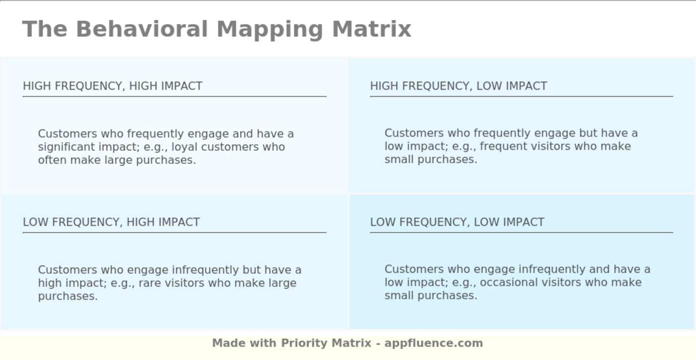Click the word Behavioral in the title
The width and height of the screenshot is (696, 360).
click(x=142, y=29)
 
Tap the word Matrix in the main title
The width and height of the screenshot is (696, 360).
click(x=372, y=29)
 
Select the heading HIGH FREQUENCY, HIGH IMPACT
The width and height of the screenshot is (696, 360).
click(x=112, y=86)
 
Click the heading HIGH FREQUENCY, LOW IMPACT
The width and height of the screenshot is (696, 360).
click(x=458, y=86)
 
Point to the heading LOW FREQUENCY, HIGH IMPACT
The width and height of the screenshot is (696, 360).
click(x=111, y=222)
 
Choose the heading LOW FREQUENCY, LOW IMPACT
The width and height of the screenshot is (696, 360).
click(x=457, y=222)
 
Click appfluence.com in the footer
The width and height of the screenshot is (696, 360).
click(x=434, y=344)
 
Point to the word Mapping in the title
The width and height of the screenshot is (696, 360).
click(x=270, y=29)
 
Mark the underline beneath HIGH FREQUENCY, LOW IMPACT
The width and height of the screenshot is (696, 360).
click(x=522, y=96)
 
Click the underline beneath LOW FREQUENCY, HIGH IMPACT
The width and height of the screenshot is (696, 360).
click(x=174, y=233)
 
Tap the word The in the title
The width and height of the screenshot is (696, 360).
click(x=45, y=29)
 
